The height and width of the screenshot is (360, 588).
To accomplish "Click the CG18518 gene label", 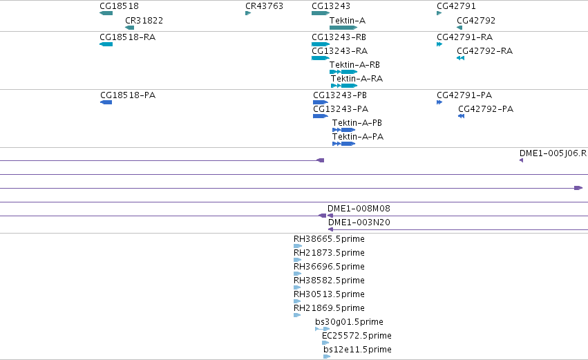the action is (x=120, y=6).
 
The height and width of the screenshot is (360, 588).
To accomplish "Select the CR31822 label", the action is (x=144, y=21).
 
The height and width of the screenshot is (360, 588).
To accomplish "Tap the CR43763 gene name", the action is (x=264, y=6).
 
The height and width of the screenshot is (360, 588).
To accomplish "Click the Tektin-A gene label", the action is (x=348, y=21).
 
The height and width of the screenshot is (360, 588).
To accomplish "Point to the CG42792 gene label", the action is (x=476, y=21).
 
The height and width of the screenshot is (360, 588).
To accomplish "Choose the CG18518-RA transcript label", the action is (x=128, y=37).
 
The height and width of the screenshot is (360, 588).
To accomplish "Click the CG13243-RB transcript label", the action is (x=339, y=37).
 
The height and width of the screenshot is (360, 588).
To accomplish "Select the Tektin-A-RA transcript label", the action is (x=357, y=79).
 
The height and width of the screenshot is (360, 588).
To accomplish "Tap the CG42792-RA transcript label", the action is (x=484, y=51).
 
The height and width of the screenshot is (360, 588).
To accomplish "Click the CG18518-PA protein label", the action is (x=128, y=95).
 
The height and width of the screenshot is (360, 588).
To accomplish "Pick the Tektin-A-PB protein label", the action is (x=357, y=123).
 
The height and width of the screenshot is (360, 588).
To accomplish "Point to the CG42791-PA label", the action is (x=464, y=95).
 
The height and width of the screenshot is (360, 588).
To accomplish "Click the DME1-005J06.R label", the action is (x=553, y=153).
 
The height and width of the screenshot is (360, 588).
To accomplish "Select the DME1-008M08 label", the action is (x=359, y=209).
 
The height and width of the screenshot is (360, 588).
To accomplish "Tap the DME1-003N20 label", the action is (x=359, y=222).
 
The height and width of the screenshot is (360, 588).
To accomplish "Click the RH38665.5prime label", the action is (x=329, y=239).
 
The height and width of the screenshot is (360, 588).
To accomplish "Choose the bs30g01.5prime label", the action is (x=349, y=322).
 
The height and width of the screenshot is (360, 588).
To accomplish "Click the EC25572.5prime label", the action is (x=357, y=336).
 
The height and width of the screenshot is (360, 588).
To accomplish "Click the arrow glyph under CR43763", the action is (x=248, y=13).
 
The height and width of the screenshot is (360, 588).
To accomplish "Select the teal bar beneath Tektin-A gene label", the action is (x=343, y=28).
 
